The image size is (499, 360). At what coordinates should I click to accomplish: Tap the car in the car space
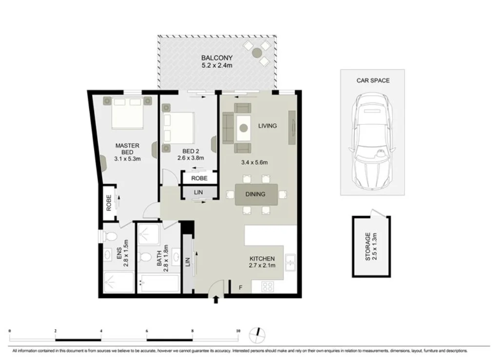(372, 142)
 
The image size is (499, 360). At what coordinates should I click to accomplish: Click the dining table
(256, 194)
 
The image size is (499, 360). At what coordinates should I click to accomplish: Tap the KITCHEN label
(262, 259)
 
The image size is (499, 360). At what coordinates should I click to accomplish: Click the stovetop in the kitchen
(268, 287)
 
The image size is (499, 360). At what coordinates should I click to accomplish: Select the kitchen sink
(290, 264)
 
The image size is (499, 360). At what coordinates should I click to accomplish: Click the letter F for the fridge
(240, 288)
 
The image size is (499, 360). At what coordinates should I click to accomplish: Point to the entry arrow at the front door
(216, 300)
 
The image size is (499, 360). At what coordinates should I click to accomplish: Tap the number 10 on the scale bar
(238, 331)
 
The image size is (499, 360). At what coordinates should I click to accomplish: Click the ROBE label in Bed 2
(199, 178)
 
